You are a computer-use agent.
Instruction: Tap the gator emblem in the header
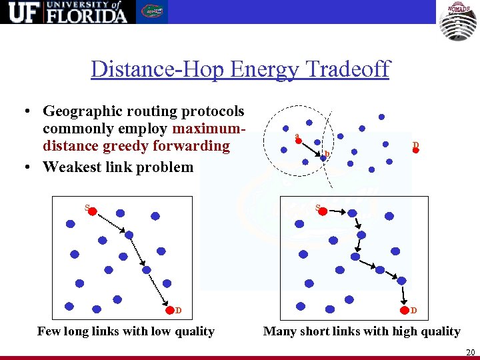pos(152,11)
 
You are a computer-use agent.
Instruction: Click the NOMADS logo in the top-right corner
pos(458,21)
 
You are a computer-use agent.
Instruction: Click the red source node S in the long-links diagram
pos(93,211)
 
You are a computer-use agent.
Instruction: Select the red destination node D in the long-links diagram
pos(170,309)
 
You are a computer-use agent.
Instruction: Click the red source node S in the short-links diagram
pos(323,211)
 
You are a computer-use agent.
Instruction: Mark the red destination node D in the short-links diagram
pos(405,309)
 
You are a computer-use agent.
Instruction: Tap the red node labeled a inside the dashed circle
pos(299,141)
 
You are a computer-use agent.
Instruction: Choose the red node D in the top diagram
pos(415,150)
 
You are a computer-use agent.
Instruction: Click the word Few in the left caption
pos(49,331)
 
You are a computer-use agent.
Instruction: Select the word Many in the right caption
pos(280,331)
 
